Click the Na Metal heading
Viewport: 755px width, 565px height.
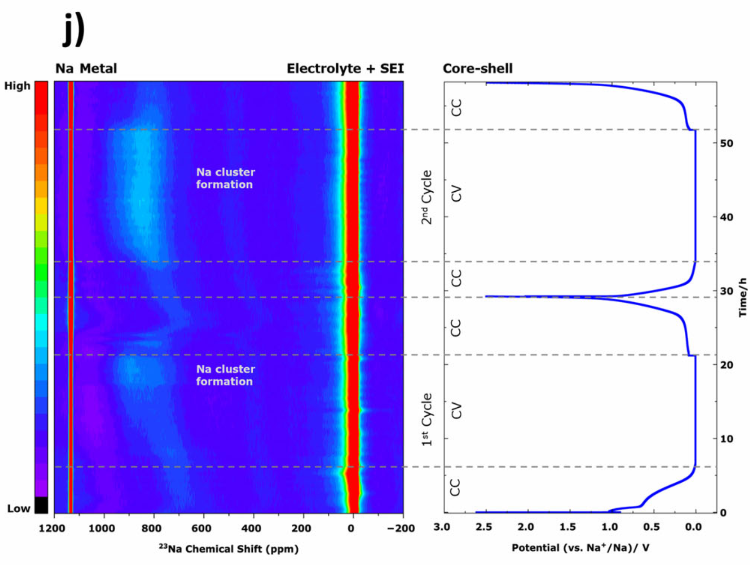tap(86, 69)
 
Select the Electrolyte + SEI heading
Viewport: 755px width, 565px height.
tap(345, 69)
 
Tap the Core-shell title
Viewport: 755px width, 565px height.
tap(477, 69)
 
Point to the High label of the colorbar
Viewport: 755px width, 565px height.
tap(17, 86)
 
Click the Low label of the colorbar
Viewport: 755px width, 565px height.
tap(19, 508)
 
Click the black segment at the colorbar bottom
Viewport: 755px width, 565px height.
tap(41, 505)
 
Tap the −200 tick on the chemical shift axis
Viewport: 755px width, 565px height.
tap(400, 529)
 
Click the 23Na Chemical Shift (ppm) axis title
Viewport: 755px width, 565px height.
tap(228, 549)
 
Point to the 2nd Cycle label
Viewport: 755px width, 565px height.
tap(427, 197)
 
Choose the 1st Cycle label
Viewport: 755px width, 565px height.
tap(427, 420)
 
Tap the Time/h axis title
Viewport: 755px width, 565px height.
tap(743, 297)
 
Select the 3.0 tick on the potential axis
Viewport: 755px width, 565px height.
tap(442, 527)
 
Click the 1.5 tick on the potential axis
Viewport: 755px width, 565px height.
tap(568, 527)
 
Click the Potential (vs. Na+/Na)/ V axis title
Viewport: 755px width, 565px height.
tap(580, 548)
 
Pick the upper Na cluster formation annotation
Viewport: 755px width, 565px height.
tap(225, 178)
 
